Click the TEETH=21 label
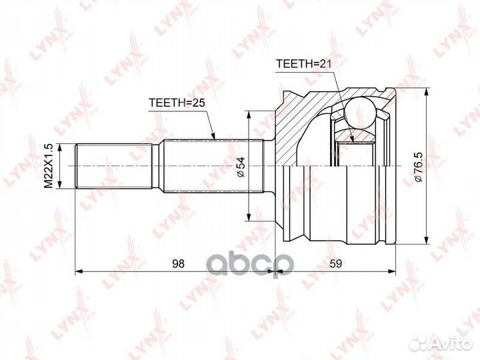tap(303, 63)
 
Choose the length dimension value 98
tap(177, 263)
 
